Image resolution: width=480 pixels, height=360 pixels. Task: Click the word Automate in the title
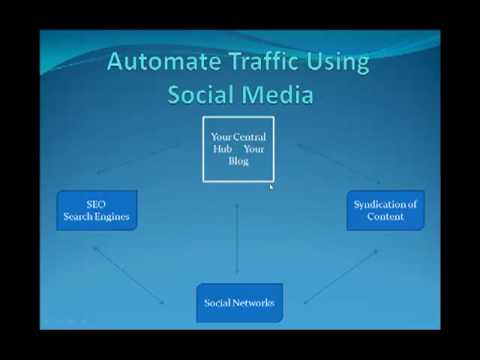click(x=164, y=61)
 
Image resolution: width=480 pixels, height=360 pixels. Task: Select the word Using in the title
click(x=338, y=63)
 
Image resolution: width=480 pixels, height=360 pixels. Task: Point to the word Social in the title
click(x=200, y=94)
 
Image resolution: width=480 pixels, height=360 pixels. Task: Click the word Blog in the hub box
click(x=238, y=161)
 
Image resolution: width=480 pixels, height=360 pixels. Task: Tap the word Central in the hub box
click(x=249, y=137)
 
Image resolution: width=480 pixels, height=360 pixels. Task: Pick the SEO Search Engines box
click(x=97, y=210)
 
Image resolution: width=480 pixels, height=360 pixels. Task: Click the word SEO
click(x=96, y=204)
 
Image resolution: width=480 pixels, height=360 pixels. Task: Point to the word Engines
click(x=112, y=217)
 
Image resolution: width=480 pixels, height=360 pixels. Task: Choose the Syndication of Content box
click(x=386, y=210)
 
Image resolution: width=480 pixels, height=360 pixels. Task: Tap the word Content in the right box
click(x=385, y=217)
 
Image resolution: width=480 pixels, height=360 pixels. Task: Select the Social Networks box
click(x=240, y=303)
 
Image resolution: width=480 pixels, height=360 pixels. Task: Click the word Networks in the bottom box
click(x=258, y=303)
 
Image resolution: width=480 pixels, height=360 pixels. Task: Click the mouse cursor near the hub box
click(x=271, y=187)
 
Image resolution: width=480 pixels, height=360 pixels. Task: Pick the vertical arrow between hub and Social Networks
click(x=237, y=238)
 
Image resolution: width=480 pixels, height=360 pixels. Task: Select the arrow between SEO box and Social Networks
click(x=128, y=275)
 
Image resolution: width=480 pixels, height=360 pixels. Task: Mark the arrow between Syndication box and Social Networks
click(x=341, y=276)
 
